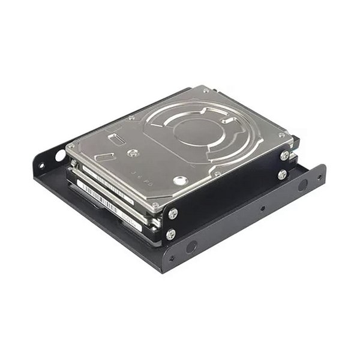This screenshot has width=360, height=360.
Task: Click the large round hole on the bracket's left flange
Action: (60, 155)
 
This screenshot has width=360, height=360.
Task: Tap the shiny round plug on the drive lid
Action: (179, 180)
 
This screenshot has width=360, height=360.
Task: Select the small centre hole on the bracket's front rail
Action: (262, 209)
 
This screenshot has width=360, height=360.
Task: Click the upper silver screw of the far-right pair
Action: (284, 155)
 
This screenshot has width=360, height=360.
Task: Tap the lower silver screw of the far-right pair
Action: (281, 175)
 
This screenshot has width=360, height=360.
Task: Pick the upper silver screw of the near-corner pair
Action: (173, 214)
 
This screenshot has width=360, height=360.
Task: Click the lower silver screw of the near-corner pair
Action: (171, 234)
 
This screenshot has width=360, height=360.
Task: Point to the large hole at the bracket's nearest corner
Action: (191, 247)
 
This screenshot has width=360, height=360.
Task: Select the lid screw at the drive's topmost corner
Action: (206, 91)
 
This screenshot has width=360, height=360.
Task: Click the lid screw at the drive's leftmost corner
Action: (71, 146)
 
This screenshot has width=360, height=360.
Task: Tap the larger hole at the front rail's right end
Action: (303, 185)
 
